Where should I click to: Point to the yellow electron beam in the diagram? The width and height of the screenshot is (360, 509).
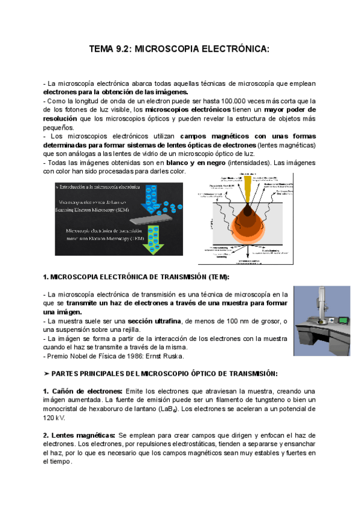click(249, 192)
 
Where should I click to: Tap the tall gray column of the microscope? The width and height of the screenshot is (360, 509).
click(319, 309)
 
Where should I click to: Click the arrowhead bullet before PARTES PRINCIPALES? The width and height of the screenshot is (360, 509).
click(47, 373)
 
